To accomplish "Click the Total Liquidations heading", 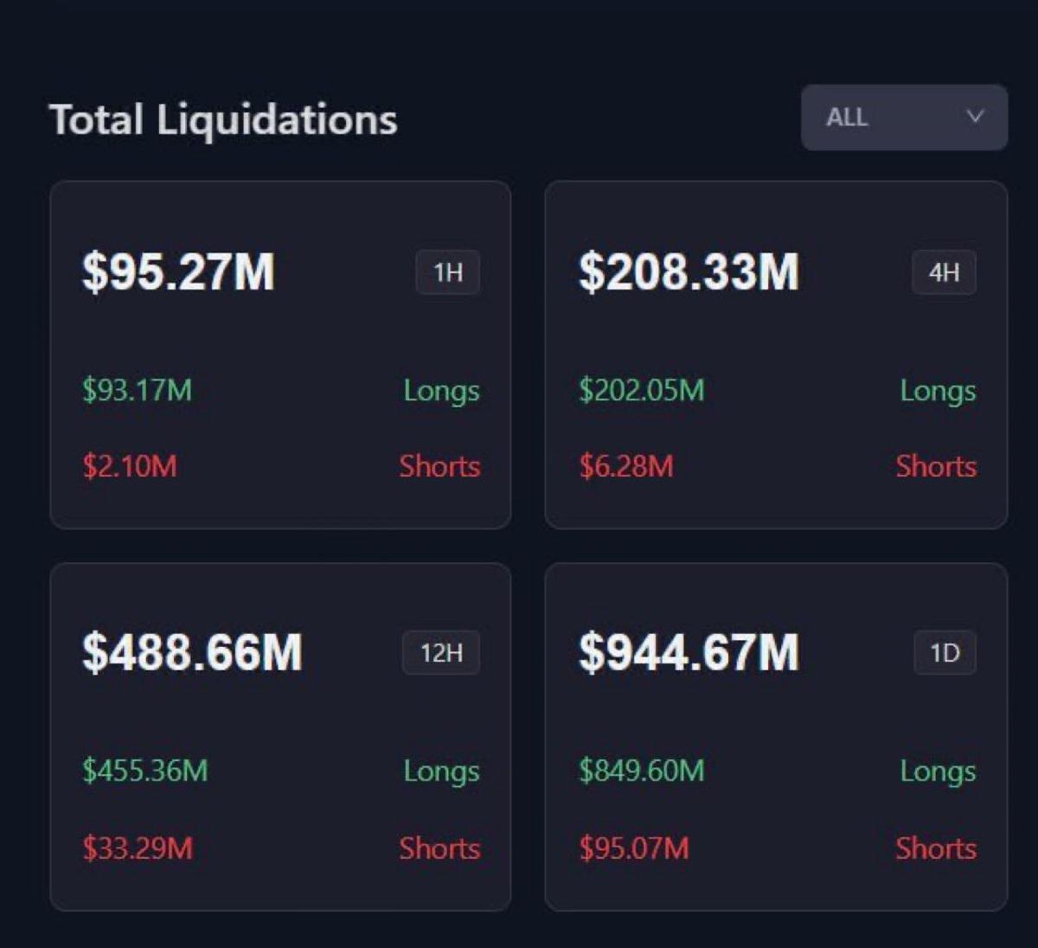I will (x=223, y=119).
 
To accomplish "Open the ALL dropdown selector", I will (x=903, y=118).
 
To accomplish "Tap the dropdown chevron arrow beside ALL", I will (x=975, y=117).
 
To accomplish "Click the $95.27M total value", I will (x=178, y=272).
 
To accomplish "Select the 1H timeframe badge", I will (x=448, y=272).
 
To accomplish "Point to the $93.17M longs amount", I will (x=137, y=390).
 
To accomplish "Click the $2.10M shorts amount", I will (x=130, y=466).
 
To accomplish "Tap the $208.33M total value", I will (x=689, y=272).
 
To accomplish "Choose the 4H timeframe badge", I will (x=944, y=272).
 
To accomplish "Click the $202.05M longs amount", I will (x=641, y=390).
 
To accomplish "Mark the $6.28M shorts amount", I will (x=626, y=466).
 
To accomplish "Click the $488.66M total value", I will (x=192, y=652).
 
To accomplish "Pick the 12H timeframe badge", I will (x=441, y=653).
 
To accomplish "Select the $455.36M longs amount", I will (x=145, y=771).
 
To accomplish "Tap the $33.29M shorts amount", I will (x=138, y=848).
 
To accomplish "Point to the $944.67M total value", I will (x=689, y=652).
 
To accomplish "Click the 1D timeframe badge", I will (x=945, y=653).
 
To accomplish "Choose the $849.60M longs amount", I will (x=641, y=771).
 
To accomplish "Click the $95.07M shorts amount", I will (x=634, y=848).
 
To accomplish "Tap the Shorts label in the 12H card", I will (x=439, y=848).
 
